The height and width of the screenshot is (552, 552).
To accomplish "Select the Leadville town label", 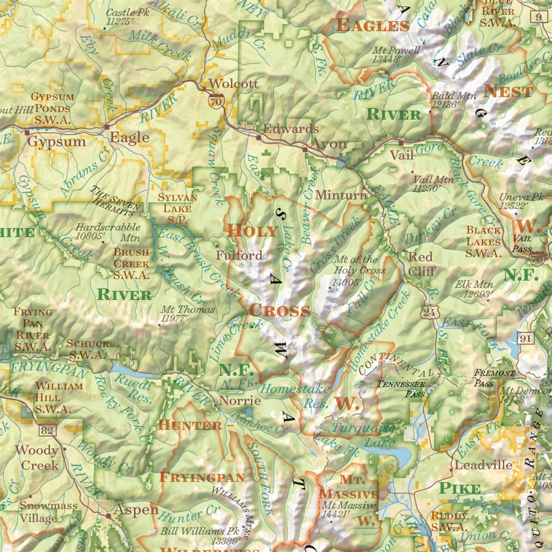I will coord(483,465).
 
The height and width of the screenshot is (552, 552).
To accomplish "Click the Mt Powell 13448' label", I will coord(396,54).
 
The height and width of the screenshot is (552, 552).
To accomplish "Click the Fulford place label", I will coord(239,256).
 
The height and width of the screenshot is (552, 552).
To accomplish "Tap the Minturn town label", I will coord(341,195).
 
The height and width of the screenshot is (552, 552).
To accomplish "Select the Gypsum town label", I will coord(57,141).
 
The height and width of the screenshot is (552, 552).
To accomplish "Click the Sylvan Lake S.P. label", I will coord(174,208).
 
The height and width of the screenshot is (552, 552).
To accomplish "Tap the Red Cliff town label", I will coord(421,264).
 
